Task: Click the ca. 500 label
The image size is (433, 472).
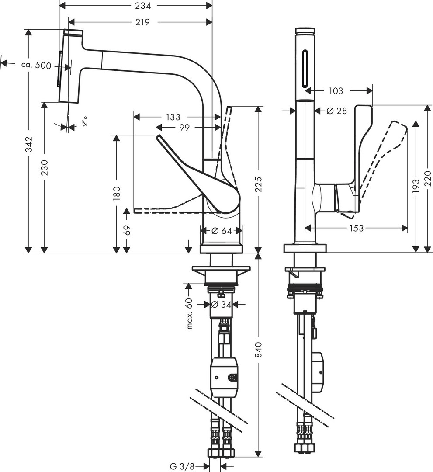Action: (36, 66)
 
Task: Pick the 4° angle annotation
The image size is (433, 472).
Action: (84, 121)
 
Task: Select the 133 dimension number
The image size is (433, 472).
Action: (173, 117)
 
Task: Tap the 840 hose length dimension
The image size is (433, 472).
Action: (259, 350)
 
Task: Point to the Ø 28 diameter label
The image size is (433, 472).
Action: (336, 111)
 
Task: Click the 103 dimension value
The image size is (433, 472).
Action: (335, 91)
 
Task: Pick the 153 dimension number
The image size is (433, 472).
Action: (356, 228)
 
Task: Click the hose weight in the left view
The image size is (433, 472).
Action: (224, 377)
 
